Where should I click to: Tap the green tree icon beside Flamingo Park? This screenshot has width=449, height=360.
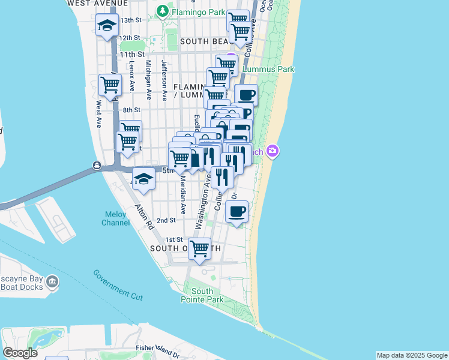pos(162,11)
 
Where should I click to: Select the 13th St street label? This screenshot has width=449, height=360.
pos(130,20)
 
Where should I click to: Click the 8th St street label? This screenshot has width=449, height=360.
pos(131,110)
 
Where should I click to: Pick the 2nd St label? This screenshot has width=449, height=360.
pos(166,220)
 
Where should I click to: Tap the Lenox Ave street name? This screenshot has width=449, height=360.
pos(132,79)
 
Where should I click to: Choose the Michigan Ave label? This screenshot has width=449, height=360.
pos(148,80)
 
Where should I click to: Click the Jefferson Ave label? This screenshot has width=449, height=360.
pos(163,80)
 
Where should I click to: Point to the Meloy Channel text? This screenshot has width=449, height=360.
pos(115,218)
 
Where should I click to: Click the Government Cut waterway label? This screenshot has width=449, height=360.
pos(118,284)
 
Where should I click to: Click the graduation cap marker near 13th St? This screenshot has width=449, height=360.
pos(107,25)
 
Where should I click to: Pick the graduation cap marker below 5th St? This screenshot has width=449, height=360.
pos(143,179)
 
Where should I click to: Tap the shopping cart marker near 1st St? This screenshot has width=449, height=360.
pos(200,247)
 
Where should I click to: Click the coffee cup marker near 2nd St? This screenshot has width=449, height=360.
pos(237,211)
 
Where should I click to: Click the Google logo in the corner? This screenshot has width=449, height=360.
pos(20,353)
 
